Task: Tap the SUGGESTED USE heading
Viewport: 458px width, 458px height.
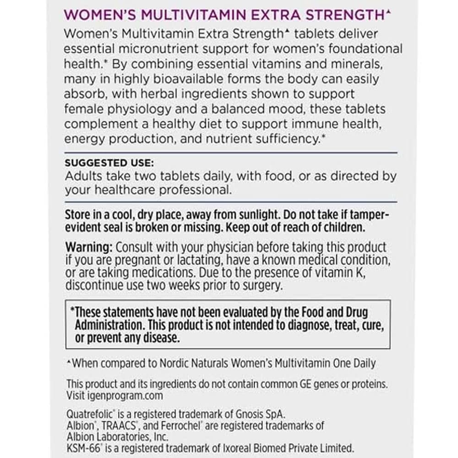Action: coord(110,163)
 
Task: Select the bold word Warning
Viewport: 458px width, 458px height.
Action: coord(89,247)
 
